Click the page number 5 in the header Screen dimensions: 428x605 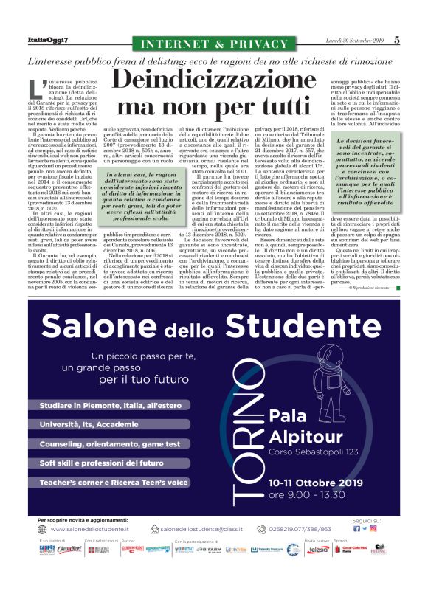click(x=396, y=41)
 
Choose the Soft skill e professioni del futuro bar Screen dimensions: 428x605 click(x=102, y=463)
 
